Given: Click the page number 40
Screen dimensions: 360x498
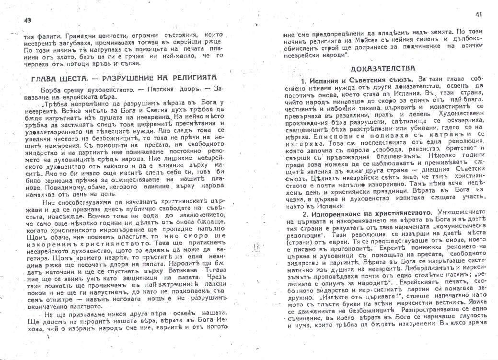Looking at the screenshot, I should click(x=26, y=20).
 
